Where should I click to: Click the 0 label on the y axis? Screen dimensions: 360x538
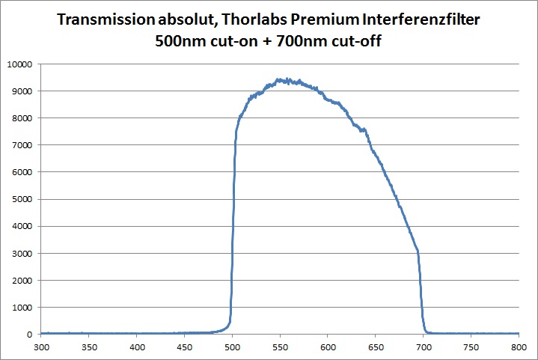[x=28, y=335]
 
